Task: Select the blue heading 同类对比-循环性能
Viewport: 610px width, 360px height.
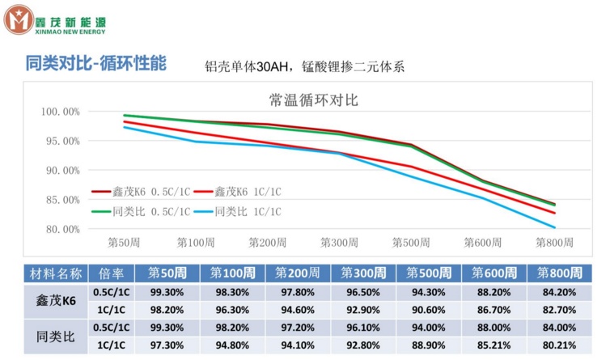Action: point(96,63)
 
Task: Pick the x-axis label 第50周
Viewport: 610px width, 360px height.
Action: point(125,242)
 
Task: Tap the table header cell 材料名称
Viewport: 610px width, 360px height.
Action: point(56,272)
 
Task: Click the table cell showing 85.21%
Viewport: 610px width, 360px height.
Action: point(494,343)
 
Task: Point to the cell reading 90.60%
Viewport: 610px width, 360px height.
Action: point(428,309)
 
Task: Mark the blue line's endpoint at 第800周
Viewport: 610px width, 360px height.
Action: point(554,227)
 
